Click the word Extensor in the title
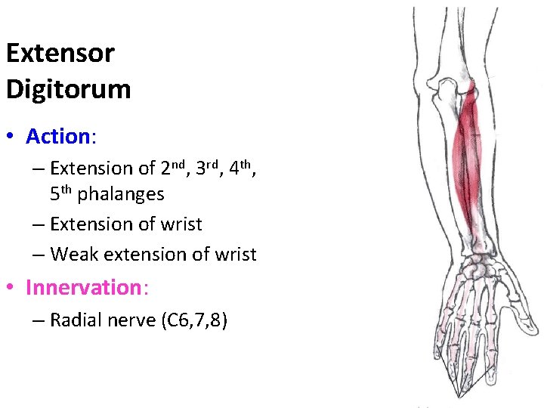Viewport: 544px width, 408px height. [60, 54]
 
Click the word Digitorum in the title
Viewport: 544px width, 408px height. [68, 89]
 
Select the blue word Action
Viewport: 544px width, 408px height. [57, 137]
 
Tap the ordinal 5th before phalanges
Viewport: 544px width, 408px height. [61, 193]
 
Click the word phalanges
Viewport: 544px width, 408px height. [121, 195]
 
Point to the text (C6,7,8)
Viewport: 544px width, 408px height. [193, 321]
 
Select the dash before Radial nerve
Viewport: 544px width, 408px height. [38, 320]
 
